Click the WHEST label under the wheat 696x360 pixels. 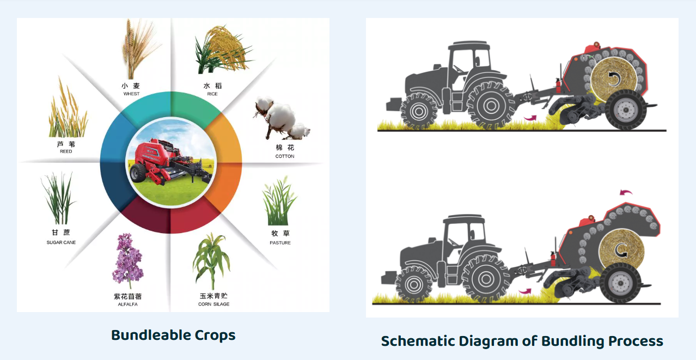131,94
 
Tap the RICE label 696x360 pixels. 212,94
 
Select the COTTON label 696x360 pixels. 285,156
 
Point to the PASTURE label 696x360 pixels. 280,242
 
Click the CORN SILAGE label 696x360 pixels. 214,304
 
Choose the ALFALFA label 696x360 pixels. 127,304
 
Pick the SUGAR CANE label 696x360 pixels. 61,242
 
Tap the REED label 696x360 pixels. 66,151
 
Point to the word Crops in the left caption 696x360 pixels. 215,335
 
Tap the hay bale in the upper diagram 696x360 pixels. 613,79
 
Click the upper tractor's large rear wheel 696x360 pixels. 491,106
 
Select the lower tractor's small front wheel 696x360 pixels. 413,284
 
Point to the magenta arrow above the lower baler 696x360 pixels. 626,193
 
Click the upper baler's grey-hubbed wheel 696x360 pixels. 625,109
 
